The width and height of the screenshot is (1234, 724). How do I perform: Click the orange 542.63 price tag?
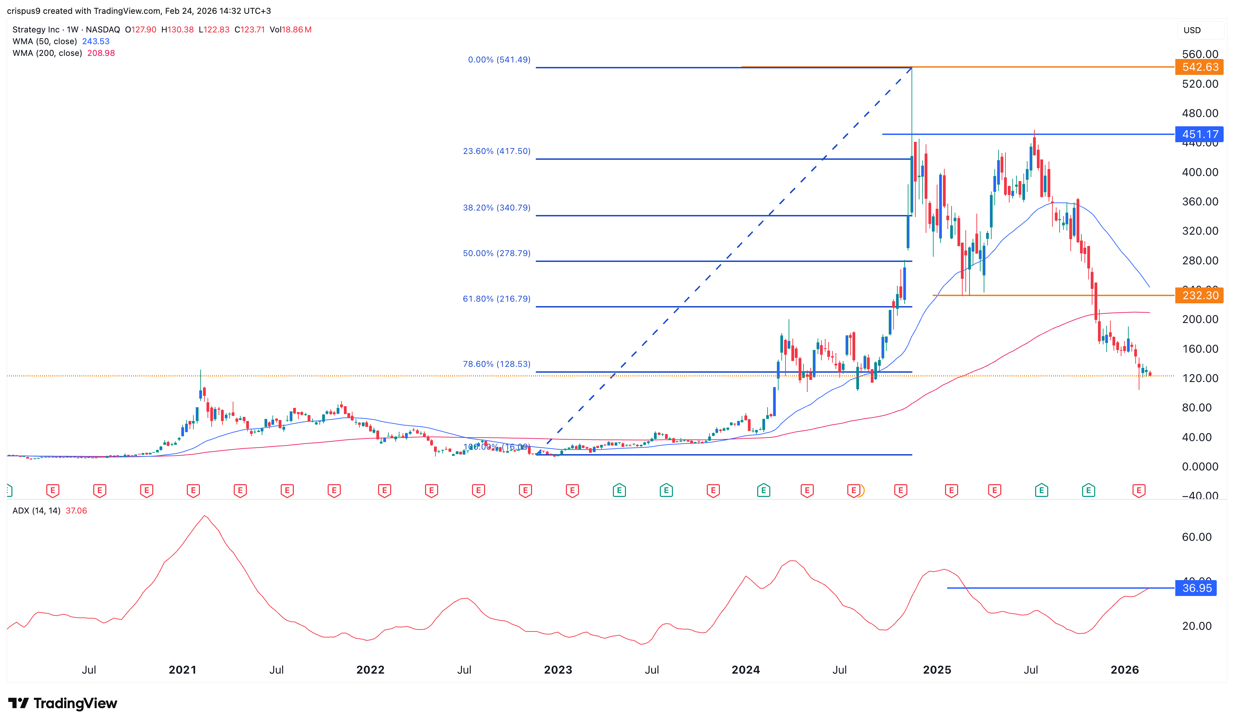tap(1199, 67)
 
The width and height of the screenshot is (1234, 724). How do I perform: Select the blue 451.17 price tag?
tap(1199, 134)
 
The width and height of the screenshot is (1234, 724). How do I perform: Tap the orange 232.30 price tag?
tap(1199, 295)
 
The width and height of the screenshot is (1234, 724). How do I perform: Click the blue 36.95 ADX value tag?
tap(1196, 588)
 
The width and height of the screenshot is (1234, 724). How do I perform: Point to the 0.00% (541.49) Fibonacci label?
tap(499, 60)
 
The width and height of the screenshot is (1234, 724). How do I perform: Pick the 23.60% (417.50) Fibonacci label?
tap(497, 151)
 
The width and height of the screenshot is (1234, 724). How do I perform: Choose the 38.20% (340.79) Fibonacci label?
tap(497, 207)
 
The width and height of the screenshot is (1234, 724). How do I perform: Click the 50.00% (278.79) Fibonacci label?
tap(497, 253)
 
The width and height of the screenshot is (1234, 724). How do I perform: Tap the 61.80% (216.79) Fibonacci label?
tap(497, 299)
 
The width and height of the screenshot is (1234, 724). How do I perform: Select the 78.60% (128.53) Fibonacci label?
tap(497, 364)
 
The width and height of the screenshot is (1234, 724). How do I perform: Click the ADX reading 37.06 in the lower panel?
tap(76, 511)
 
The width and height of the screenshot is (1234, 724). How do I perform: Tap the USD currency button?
tap(1192, 30)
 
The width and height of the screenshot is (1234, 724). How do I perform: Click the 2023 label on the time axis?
tap(558, 670)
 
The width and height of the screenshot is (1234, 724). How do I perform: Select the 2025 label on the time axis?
tap(937, 670)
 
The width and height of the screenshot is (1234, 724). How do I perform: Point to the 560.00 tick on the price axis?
tap(1200, 54)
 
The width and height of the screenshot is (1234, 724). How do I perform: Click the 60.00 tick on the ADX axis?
tap(1196, 537)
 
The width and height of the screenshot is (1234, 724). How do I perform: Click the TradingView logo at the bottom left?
tap(63, 703)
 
